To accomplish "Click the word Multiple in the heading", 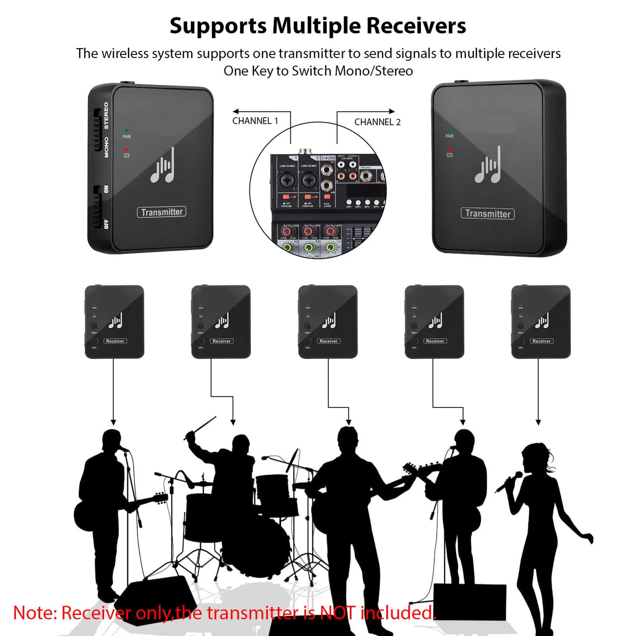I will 317,26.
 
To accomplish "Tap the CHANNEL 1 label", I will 255,121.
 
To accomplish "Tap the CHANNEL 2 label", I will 377,122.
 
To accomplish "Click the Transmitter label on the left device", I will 162,212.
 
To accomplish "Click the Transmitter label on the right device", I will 487,214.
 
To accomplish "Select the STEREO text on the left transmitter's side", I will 106,116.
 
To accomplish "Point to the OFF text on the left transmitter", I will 106,224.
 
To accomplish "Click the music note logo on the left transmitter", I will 162,166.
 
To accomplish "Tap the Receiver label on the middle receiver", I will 329,341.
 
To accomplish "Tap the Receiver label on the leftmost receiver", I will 115,341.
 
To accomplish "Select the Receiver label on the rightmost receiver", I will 541,341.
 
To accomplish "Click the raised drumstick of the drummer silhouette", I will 203,427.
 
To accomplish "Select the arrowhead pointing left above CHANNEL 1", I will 236,112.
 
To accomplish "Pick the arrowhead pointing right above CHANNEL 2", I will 392,112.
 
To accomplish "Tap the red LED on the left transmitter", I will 126,150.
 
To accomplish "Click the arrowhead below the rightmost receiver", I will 538,422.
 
